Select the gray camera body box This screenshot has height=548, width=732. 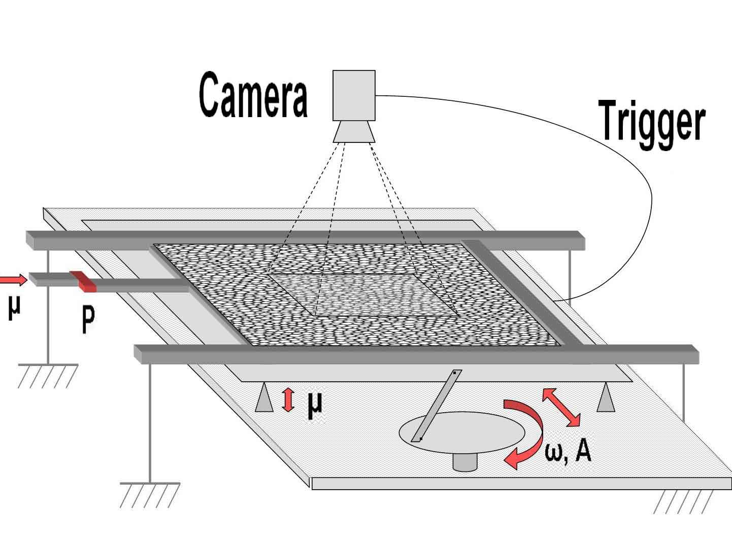[354, 95]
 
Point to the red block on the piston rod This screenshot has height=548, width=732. [83, 282]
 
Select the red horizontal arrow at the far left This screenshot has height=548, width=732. [12, 279]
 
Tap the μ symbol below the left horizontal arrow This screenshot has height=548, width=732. [15, 308]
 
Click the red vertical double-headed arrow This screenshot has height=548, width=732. [288, 399]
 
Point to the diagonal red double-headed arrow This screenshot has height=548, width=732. [561, 407]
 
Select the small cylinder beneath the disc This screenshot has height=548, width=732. [464, 462]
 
